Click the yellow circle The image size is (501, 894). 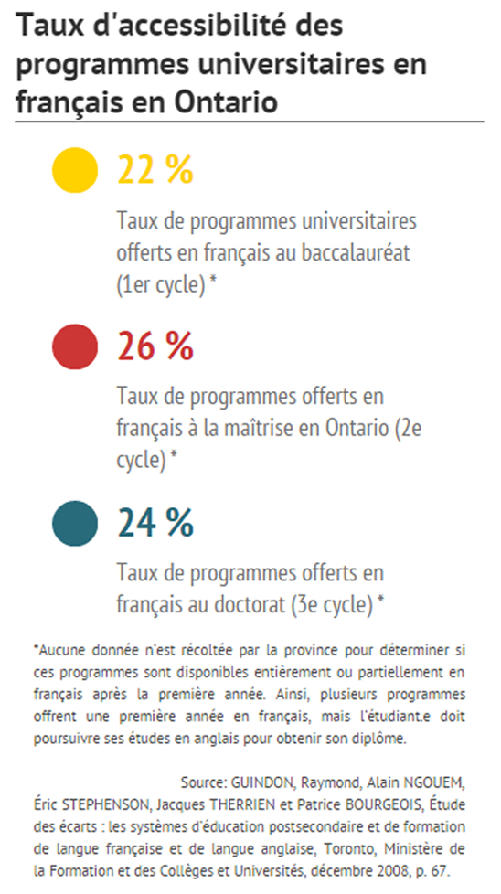75,170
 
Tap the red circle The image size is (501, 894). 75,346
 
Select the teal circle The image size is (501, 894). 75,524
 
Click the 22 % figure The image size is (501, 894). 155,170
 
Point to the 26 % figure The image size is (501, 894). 155,346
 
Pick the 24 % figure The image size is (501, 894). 155,524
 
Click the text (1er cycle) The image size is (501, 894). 161,284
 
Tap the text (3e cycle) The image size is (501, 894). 331,605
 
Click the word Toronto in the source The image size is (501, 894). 345,849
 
